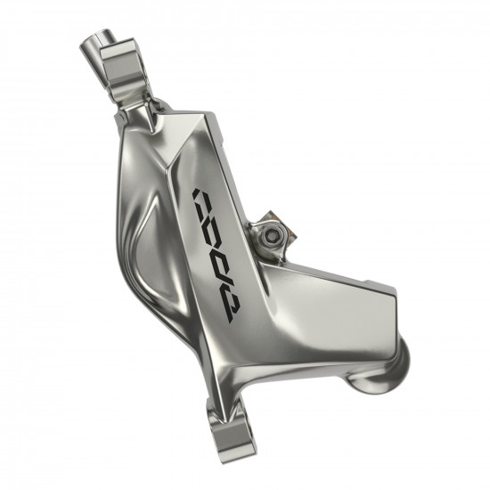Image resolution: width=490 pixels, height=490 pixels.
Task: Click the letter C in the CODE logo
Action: point(206,200)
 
